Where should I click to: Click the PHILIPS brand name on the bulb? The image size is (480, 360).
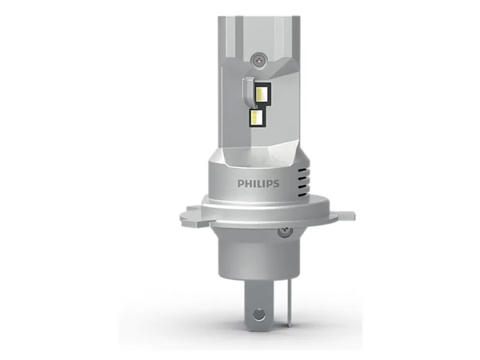(x=259, y=184)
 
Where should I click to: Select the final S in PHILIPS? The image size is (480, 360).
(x=276, y=184)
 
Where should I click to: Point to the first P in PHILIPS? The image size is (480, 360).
(x=241, y=184)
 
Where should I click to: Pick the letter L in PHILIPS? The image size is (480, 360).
(x=259, y=184)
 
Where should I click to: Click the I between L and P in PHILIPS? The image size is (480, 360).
(x=263, y=184)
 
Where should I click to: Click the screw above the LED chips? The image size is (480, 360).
(x=259, y=59)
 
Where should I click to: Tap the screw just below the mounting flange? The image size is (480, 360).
(x=286, y=230)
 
